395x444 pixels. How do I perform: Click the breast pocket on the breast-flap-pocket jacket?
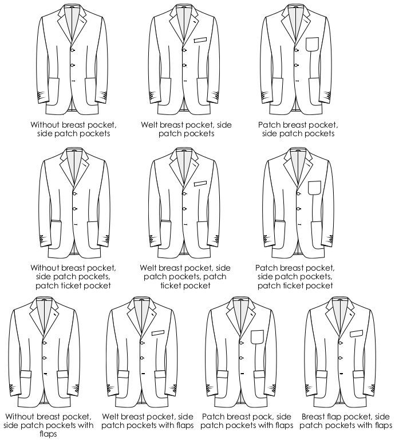point(357,334)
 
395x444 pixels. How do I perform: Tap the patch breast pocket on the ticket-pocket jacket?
point(314,188)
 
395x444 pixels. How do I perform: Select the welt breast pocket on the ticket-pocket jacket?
point(200,184)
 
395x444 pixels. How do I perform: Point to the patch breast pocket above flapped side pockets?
point(257,337)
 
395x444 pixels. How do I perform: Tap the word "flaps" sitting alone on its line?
point(48,434)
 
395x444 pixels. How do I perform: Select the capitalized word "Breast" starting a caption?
point(313,417)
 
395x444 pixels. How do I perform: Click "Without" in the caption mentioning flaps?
point(19,417)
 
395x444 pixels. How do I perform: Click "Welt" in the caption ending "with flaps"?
point(110,417)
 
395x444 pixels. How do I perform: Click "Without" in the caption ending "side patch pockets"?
point(45,125)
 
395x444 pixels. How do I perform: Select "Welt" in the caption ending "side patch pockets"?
point(149,125)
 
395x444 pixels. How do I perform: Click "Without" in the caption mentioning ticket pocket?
point(45,268)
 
